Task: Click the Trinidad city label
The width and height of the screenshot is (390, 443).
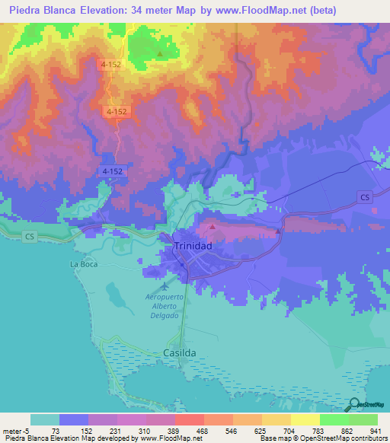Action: [x=192, y=247]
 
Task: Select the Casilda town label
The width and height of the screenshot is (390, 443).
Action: [x=180, y=354]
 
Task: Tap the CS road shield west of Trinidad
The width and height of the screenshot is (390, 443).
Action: [x=30, y=237]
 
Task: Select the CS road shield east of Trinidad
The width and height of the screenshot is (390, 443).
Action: [x=366, y=197]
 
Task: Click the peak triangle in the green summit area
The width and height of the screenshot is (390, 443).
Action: [x=160, y=54]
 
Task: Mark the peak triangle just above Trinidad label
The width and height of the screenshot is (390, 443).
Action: [x=213, y=226]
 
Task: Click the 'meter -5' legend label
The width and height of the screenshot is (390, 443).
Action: [x=15, y=431]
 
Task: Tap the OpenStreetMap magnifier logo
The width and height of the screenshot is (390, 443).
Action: [x=354, y=404]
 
